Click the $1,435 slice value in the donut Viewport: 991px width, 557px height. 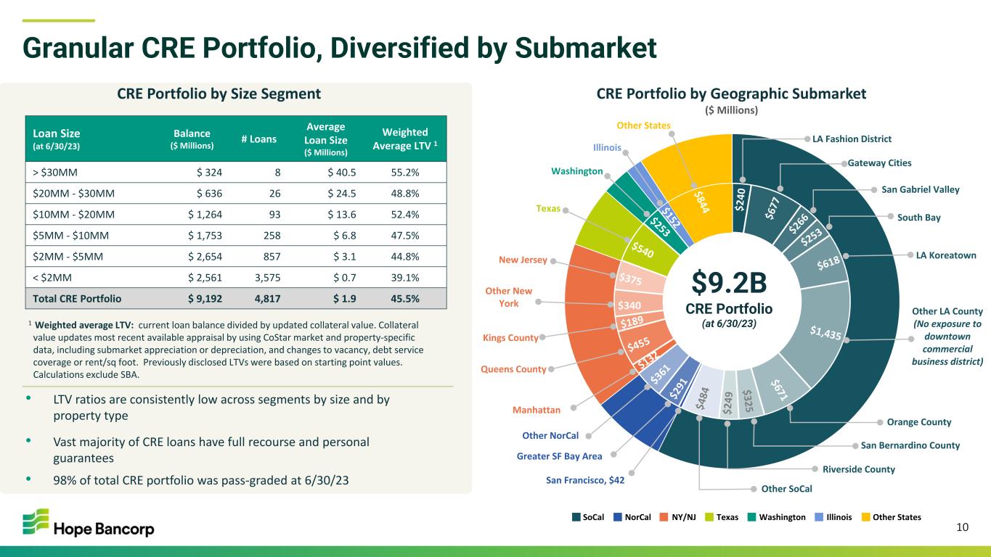pos(825,332)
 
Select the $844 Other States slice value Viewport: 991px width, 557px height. pos(701,202)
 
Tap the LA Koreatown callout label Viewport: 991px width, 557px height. pos(946,255)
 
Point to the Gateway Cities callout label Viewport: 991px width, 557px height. pos(879,162)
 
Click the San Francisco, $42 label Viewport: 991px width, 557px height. pos(585,480)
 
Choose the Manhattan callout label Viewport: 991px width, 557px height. pos(537,410)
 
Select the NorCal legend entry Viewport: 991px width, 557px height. pos(632,517)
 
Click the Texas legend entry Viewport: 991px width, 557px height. pos(722,517)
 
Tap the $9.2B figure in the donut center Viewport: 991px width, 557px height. pos(729,283)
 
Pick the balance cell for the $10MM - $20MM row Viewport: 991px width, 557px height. pos(205,215)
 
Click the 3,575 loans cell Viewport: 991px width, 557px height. pos(268,278)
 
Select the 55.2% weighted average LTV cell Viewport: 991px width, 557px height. pos(405,173)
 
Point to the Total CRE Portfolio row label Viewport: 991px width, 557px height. pos(77,298)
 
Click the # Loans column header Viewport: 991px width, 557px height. pos(258,139)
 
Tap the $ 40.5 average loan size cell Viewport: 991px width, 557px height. pos(341,173)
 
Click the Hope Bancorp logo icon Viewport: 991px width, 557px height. pos(36,521)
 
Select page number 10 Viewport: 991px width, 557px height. pos(962,527)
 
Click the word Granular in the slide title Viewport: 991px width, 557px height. pos(78,48)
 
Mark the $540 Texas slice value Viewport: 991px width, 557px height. pos(643,249)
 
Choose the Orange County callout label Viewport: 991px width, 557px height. pos(919,421)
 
